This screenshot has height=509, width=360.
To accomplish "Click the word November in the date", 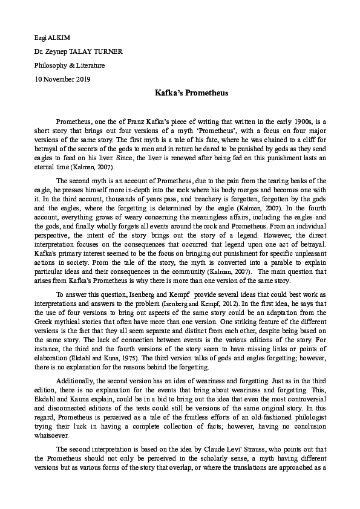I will pyautogui.click(x=62, y=79).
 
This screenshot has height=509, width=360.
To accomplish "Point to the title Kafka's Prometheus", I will pyautogui.click(x=179, y=94).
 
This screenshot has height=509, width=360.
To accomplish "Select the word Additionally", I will pyautogui.click(x=75, y=380).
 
